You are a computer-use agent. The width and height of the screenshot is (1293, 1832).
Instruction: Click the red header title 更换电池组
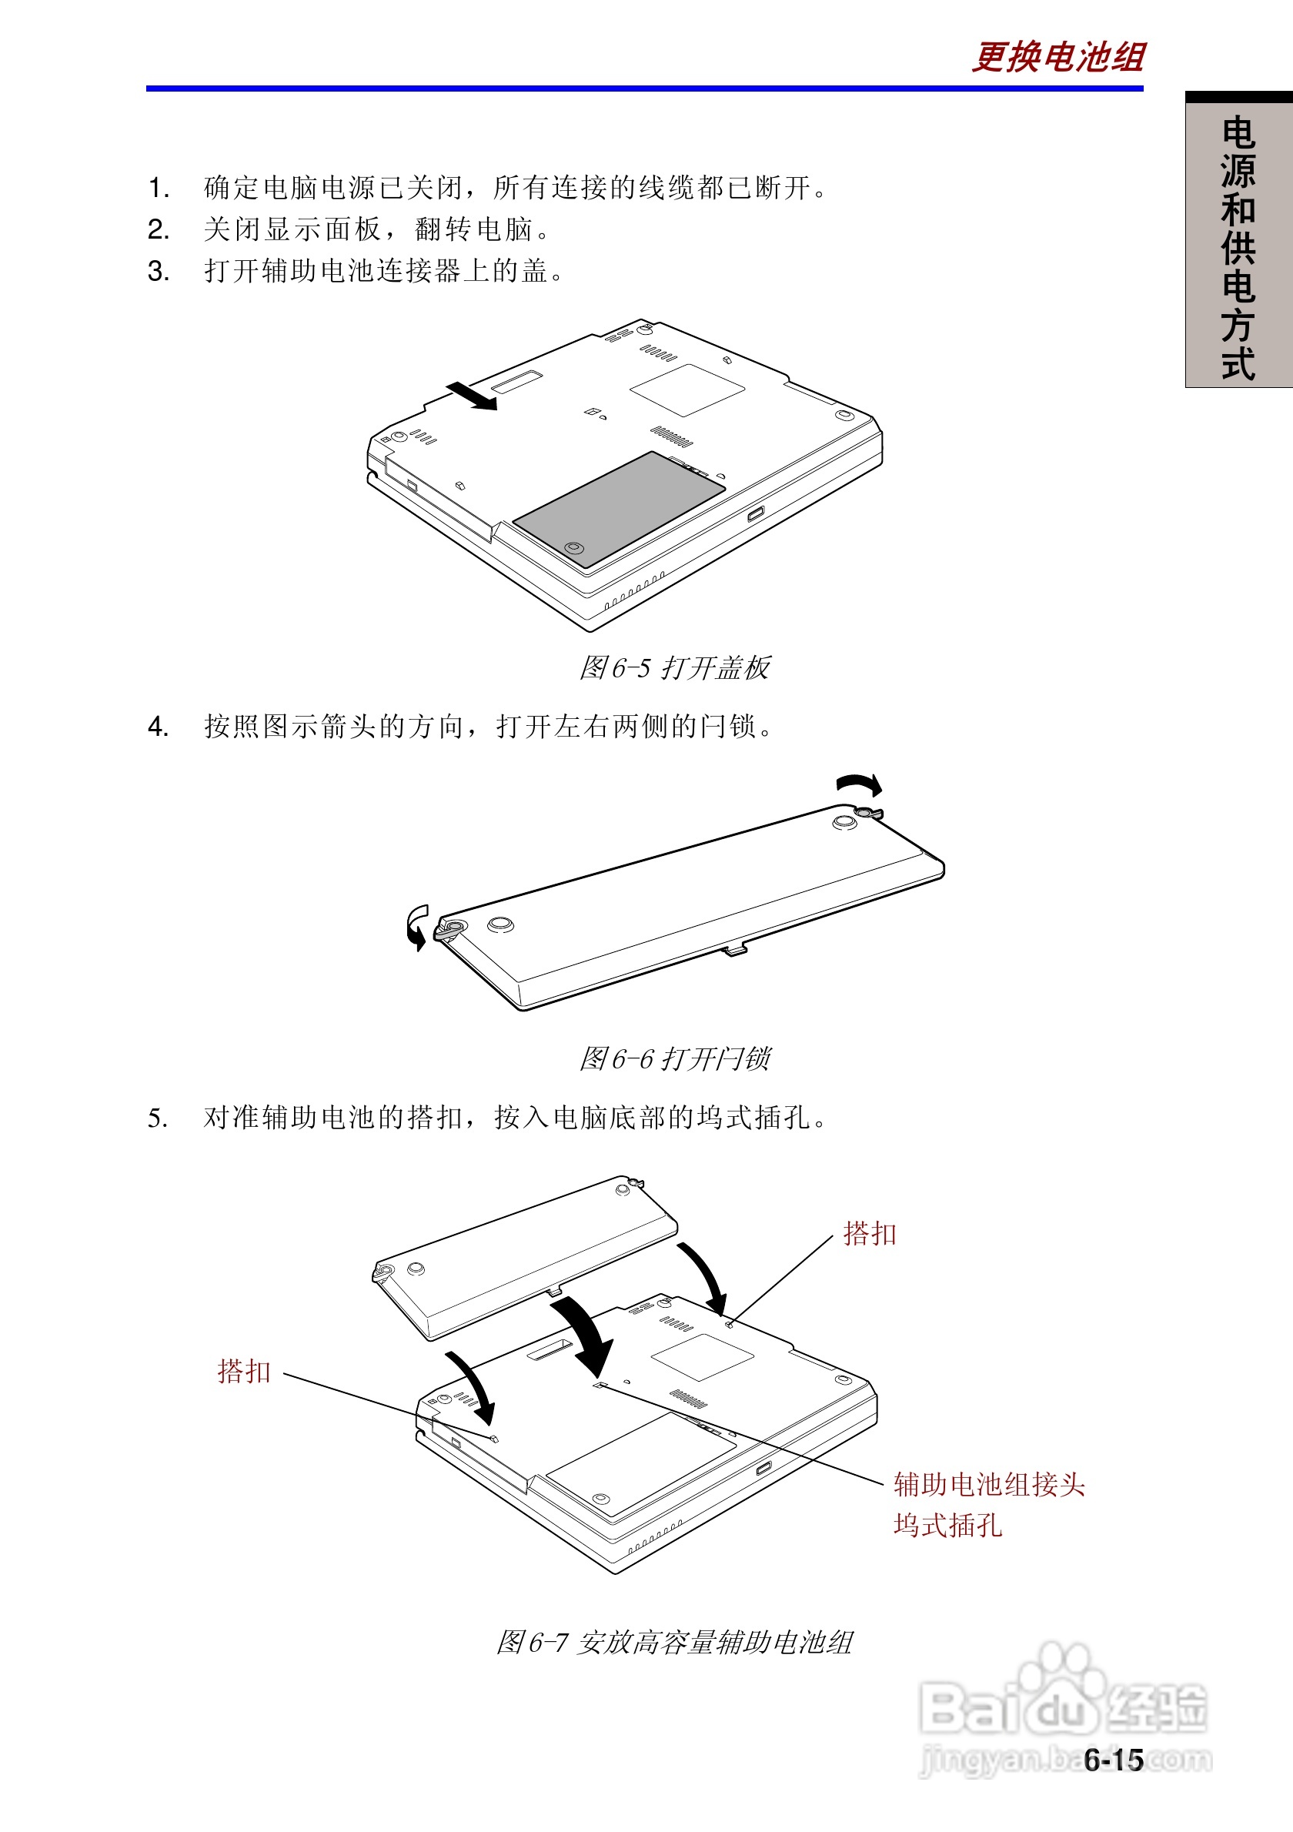[1057, 58]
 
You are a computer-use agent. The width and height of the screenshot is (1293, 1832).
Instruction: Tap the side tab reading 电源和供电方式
[1238, 247]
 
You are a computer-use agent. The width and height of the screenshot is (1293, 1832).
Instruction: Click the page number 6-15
[1114, 1760]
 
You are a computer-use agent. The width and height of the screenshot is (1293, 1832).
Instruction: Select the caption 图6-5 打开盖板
[674, 668]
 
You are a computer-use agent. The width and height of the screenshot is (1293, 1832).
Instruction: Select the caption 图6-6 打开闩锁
[674, 1059]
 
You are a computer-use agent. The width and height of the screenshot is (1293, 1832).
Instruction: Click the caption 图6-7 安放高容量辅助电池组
[674, 1642]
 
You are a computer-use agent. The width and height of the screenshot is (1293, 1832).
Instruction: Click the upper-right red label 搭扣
[870, 1235]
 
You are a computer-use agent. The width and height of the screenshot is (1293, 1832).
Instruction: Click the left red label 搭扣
[244, 1372]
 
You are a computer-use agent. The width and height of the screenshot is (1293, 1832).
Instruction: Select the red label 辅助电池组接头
[988, 1485]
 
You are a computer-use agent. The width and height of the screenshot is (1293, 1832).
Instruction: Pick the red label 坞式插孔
[947, 1526]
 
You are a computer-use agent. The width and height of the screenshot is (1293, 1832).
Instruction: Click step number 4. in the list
[158, 727]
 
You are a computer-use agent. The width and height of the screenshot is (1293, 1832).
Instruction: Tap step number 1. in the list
[158, 189]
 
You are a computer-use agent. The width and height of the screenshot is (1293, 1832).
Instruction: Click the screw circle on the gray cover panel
[573, 548]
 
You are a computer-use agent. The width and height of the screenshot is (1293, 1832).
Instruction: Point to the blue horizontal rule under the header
[644, 89]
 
